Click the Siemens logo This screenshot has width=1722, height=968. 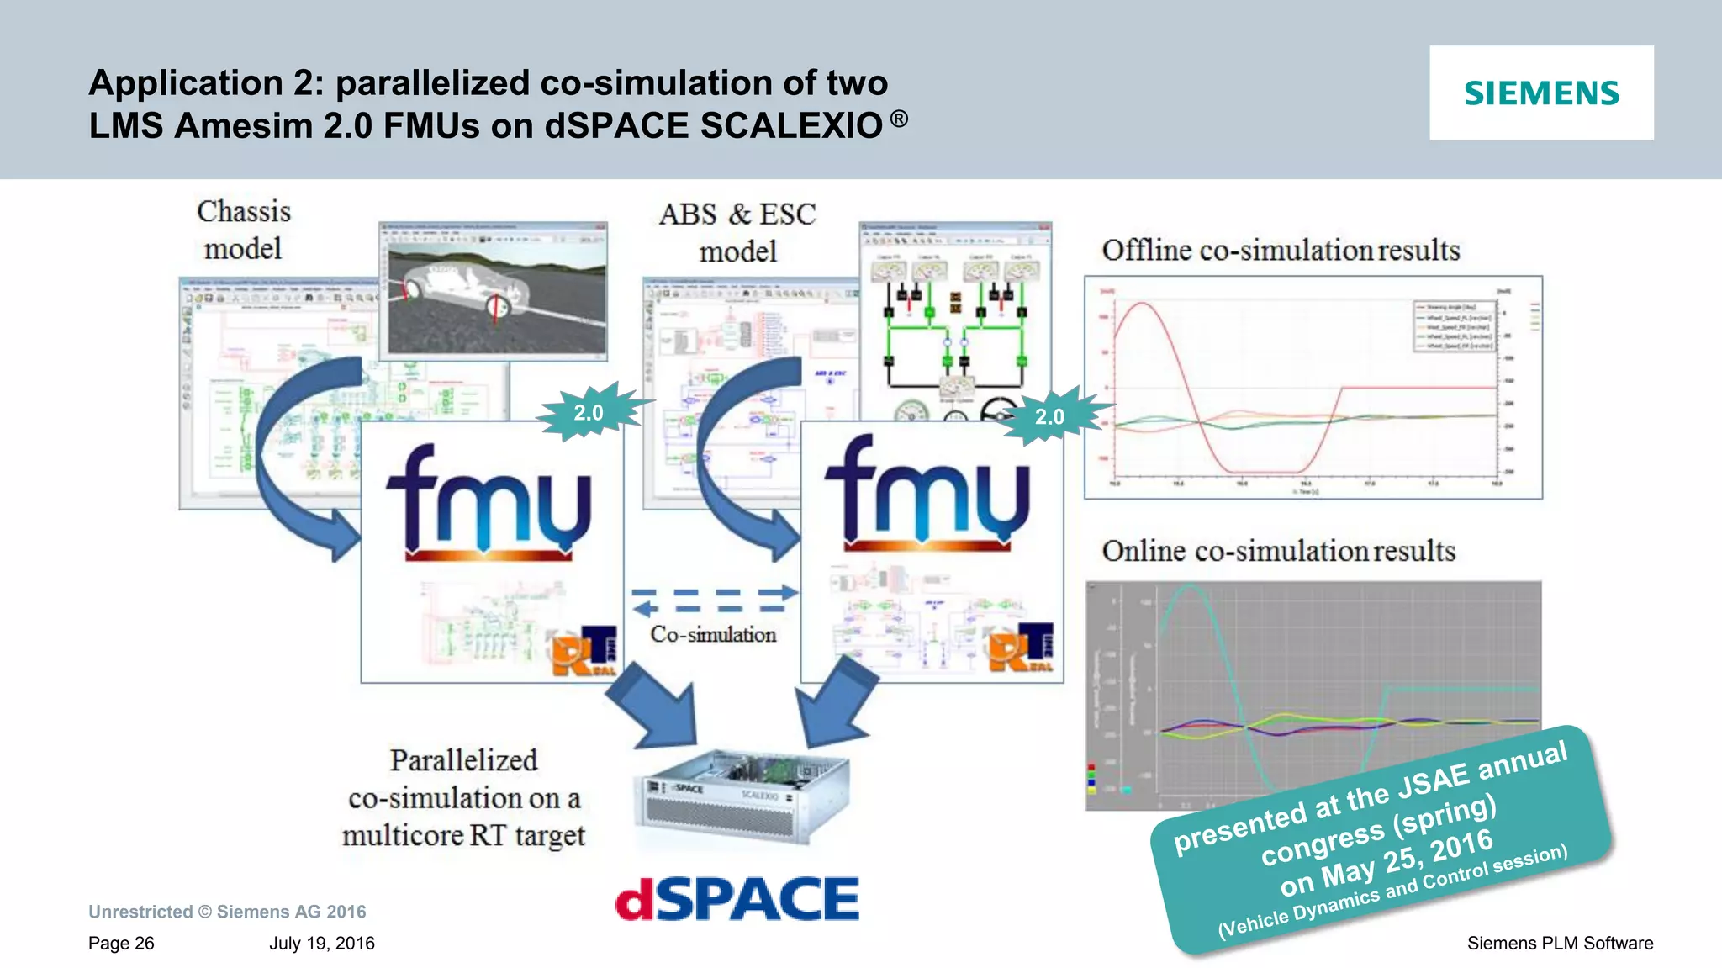coord(1541,93)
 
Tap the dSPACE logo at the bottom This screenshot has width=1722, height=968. coord(737,898)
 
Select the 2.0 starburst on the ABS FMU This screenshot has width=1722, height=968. coord(1050,415)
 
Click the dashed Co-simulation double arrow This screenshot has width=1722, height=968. coord(714,600)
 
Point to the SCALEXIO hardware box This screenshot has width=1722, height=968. coord(740,796)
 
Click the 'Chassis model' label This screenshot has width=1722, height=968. coord(244,230)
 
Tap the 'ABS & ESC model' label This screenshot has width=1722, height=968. coord(737,232)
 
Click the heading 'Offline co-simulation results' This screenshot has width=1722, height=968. coord(1280,250)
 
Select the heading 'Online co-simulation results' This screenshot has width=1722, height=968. coord(1278,551)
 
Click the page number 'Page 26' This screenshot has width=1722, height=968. coord(121,943)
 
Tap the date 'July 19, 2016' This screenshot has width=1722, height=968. coord(322,943)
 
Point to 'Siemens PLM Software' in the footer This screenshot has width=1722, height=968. coord(1560,943)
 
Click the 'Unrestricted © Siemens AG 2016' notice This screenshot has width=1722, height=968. coord(227,912)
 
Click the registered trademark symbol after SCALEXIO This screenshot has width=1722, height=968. coord(899,119)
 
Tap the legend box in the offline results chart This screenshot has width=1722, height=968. coord(1454,325)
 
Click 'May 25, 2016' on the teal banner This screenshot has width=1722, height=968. coord(1387,863)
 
